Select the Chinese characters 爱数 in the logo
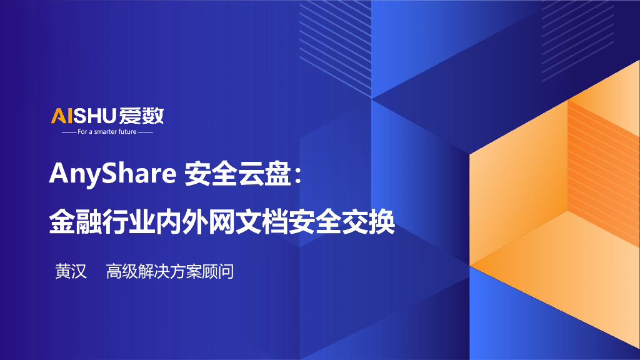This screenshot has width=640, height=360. (143, 116)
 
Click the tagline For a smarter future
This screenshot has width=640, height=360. (107, 132)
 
